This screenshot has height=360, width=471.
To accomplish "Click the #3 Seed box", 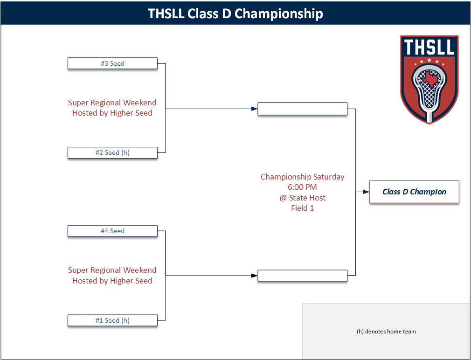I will coord(112,63).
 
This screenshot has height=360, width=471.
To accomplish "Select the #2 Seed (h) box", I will coord(112,152).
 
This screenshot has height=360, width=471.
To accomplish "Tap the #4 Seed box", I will coord(112,231).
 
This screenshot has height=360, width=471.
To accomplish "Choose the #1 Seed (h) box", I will coord(112,320).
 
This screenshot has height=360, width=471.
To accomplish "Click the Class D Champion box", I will coord(414,192).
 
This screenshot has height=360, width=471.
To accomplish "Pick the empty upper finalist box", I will coord(302,109).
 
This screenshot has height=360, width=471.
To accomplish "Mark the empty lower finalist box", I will coord(302,276).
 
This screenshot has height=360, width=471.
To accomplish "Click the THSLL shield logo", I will coord(429,79).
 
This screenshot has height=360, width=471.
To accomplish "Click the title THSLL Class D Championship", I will coord(235,13).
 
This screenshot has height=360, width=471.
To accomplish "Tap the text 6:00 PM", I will coord(302,187).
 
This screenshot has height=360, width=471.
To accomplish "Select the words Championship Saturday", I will coord(302,177).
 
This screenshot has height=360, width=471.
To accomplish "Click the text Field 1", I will coord(302,208).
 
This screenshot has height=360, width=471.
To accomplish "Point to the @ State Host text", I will coord(302,198).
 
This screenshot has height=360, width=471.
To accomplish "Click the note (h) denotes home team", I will coord(386,332).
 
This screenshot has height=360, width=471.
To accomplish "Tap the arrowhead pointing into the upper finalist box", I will coord(254,109).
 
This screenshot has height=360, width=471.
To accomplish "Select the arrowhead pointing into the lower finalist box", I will coord(254,276).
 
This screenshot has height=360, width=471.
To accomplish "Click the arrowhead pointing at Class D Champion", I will coord(366,192).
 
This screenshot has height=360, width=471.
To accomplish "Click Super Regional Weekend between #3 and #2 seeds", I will coord(112,103).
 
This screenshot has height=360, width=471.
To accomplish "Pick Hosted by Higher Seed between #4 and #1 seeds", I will coord(112,281).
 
